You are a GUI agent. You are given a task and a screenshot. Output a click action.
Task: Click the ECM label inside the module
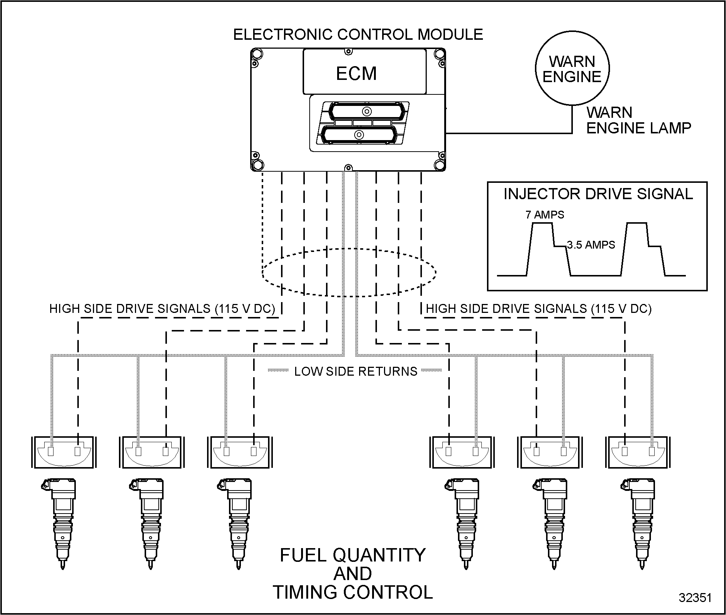356,73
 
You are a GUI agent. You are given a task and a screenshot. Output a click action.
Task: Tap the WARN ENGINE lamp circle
572,69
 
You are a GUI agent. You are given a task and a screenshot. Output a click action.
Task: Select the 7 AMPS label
545,215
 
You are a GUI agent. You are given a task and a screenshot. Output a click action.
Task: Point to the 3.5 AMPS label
591,245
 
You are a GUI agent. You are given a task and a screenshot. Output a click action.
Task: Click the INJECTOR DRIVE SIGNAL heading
598,194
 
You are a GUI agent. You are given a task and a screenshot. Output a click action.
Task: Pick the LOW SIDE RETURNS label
356,371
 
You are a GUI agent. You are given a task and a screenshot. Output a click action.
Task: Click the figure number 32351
695,598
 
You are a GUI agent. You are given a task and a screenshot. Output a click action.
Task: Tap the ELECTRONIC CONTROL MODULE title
358,35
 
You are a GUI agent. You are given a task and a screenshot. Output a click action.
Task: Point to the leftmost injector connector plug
64,452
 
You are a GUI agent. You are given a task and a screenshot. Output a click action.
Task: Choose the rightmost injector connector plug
638,452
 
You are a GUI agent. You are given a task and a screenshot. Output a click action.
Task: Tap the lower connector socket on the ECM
359,135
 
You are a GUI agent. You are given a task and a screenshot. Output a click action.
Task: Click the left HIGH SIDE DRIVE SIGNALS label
162,309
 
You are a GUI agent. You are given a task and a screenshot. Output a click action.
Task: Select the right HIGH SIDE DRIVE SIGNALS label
539,309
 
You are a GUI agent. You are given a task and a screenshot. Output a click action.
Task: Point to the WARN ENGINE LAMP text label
638,120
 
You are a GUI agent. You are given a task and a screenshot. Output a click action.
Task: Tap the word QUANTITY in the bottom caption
379,555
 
